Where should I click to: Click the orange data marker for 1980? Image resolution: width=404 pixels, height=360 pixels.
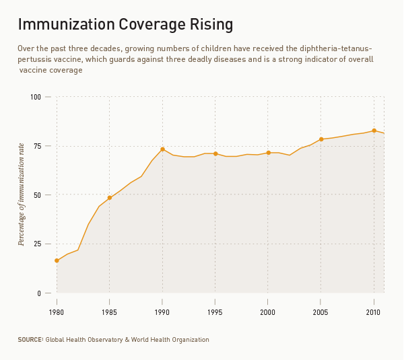pyautogui.click(x=57, y=260)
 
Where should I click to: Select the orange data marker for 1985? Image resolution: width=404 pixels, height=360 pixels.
pyautogui.click(x=110, y=198)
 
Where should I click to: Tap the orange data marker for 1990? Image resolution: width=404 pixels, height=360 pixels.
pyautogui.click(x=162, y=149)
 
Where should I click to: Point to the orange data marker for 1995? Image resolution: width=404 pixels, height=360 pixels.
pyautogui.click(x=215, y=153)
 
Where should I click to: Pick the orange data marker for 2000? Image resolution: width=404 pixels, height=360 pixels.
pyautogui.click(x=268, y=153)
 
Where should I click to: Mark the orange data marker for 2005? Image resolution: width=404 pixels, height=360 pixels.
pyautogui.click(x=321, y=139)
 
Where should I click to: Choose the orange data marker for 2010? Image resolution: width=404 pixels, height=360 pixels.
pyautogui.click(x=374, y=131)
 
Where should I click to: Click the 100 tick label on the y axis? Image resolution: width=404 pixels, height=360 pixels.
pyautogui.click(x=36, y=97)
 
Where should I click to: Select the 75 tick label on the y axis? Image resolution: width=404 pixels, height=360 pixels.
pyautogui.click(x=37, y=146)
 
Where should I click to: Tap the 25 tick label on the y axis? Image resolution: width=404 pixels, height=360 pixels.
pyautogui.click(x=37, y=244)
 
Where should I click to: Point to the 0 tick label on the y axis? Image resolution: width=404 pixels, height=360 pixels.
pyautogui.click(x=39, y=293)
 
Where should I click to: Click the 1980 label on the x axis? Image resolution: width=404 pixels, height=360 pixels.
pyautogui.click(x=57, y=312)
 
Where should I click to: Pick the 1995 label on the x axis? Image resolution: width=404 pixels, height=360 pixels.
pyautogui.click(x=215, y=312)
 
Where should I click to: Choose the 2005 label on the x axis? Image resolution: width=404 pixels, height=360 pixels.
pyautogui.click(x=321, y=312)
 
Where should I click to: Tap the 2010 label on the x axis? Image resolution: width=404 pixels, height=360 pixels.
pyautogui.click(x=374, y=312)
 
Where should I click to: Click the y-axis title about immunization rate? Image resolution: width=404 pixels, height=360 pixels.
pyautogui.click(x=22, y=194)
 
